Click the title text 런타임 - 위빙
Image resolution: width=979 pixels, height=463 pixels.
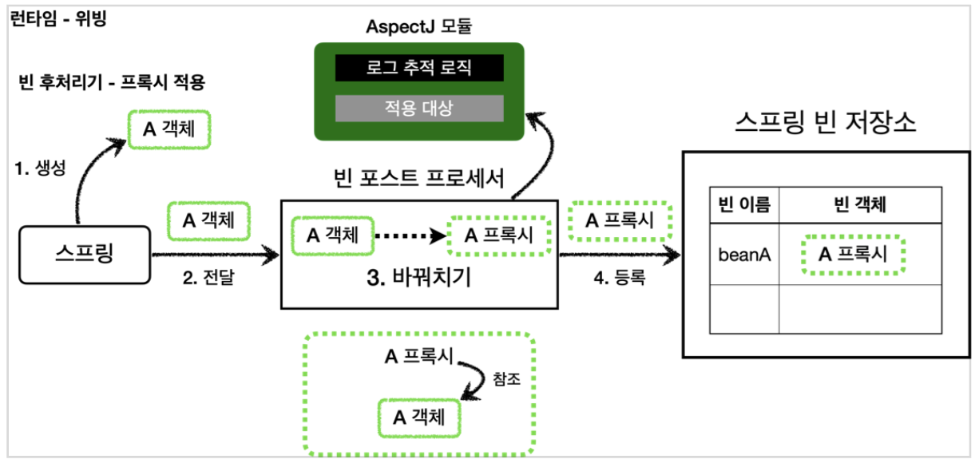(58, 19)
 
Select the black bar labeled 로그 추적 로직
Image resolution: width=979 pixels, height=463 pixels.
(419, 68)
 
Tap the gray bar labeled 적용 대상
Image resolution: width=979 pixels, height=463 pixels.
(419, 108)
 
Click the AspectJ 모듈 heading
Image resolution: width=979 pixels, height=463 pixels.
(419, 27)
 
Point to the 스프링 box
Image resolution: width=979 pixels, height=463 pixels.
(85, 255)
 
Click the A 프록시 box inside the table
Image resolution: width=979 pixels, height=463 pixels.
(853, 255)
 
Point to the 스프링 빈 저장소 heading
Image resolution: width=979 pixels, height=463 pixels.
(825, 124)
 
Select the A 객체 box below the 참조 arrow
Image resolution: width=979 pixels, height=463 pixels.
(420, 417)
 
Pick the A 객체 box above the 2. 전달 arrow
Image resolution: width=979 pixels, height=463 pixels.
(208, 220)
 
